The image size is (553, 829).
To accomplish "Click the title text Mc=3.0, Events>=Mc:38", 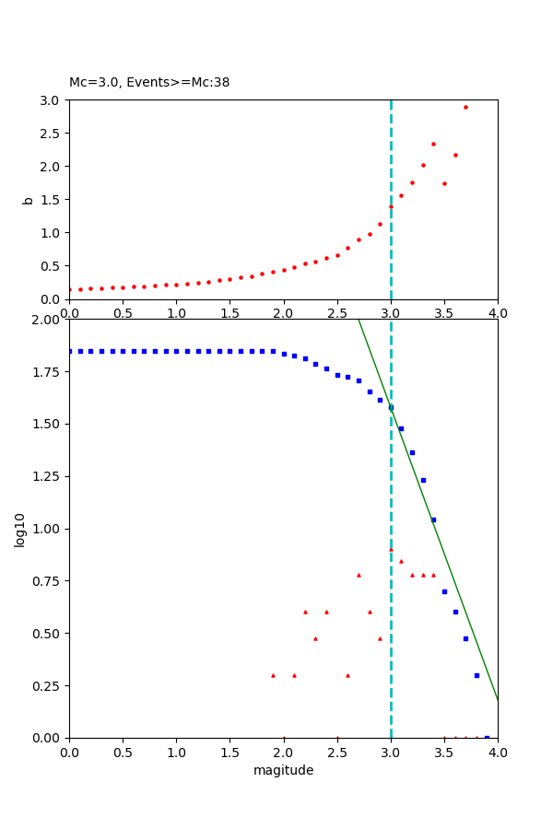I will coord(149,83).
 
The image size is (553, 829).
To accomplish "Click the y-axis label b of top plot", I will coord(28,200).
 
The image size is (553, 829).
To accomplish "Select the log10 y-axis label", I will coord(19,529).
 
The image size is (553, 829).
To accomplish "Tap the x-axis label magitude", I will coord(283,770).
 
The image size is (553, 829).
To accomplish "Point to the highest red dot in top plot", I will coord(465,107).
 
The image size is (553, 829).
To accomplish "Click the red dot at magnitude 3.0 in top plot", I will coord(391,206).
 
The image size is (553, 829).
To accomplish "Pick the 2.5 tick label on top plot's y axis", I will coord(49,134).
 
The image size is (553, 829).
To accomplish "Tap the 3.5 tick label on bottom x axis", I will coord(444,752).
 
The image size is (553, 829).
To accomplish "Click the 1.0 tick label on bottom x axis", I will coord(176,752).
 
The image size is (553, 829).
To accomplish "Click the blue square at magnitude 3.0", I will coord(391,407).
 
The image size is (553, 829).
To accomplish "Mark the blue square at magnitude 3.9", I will coord(487,737).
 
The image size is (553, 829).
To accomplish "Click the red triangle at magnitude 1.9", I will coord(273,675).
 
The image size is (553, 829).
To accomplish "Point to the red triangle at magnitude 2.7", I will coord(359,575).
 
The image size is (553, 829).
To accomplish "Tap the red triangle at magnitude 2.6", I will coord(347,675).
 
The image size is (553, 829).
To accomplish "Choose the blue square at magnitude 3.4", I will coord(433,520).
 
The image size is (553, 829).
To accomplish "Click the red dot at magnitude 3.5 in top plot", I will coord(444,183).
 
